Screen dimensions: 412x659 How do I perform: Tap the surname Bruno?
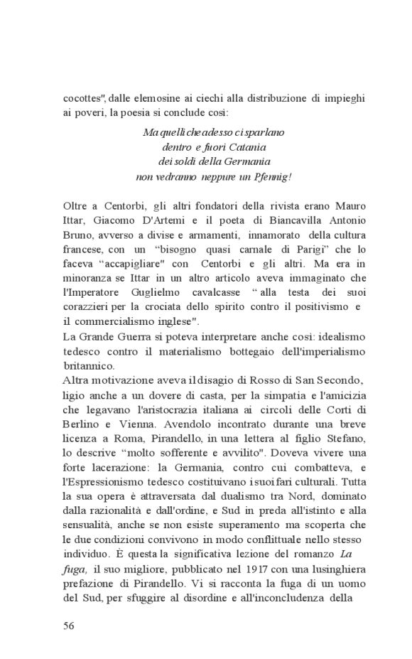click(78, 235)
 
